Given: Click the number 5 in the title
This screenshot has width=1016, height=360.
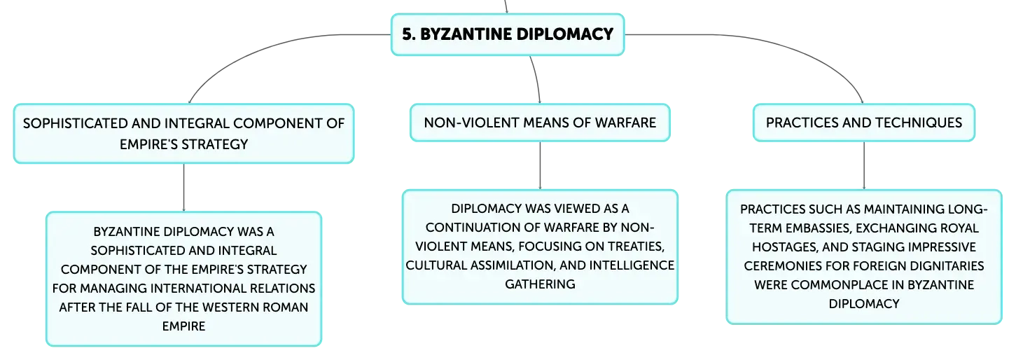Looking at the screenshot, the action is [x=408, y=34].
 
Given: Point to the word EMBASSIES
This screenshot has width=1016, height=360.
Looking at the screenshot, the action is [x=819, y=228].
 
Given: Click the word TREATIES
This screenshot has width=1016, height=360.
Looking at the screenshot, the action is [x=636, y=247].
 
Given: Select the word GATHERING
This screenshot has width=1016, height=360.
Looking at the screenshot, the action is [x=540, y=284].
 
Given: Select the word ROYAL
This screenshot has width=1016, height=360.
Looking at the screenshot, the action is [x=959, y=228].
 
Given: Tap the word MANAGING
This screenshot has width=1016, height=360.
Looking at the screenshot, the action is [x=110, y=289].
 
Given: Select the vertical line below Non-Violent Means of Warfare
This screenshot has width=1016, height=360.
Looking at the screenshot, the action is [x=540, y=165].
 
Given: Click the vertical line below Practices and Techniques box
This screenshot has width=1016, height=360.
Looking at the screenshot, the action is [x=864, y=165].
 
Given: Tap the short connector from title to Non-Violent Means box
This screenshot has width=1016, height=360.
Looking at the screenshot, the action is [x=537, y=79].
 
